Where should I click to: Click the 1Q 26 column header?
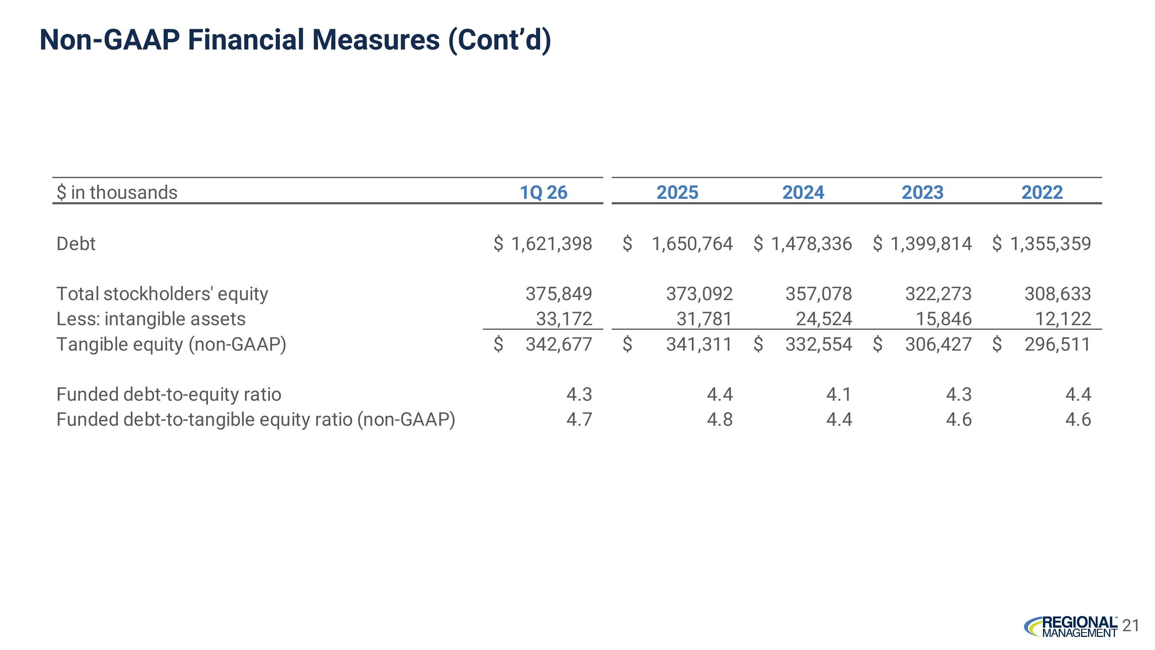543,192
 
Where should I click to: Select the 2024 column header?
803,192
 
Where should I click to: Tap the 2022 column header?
1042,192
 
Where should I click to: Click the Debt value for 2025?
692,244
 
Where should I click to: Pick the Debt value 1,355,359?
1050,244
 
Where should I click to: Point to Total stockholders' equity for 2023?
939,294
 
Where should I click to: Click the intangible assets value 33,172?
564,319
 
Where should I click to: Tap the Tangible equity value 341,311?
699,344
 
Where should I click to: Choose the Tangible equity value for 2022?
1057,344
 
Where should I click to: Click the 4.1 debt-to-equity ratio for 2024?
839,394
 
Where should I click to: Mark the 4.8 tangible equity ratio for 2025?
720,420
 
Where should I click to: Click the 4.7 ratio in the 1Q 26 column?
579,420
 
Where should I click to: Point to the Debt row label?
76,244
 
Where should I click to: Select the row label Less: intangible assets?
151,319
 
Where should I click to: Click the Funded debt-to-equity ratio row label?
169,394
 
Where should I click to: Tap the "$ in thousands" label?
117,192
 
